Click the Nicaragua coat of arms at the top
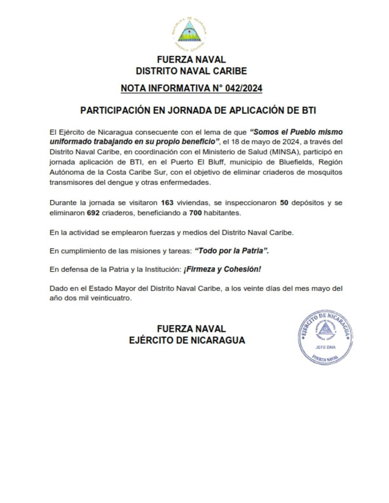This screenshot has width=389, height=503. [x=190, y=32]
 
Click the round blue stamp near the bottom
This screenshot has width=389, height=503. [x=325, y=337]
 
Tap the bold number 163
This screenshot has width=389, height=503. [x=167, y=203]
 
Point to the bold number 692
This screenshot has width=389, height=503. [x=94, y=213]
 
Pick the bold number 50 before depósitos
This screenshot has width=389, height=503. [x=283, y=203]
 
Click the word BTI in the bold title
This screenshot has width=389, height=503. [x=305, y=111]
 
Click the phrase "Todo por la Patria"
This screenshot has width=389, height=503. [x=232, y=251]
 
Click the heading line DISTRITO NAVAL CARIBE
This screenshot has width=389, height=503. [x=191, y=72]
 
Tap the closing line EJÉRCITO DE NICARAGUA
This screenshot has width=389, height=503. [x=187, y=341]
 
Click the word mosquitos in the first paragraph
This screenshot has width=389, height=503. [x=323, y=172]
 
